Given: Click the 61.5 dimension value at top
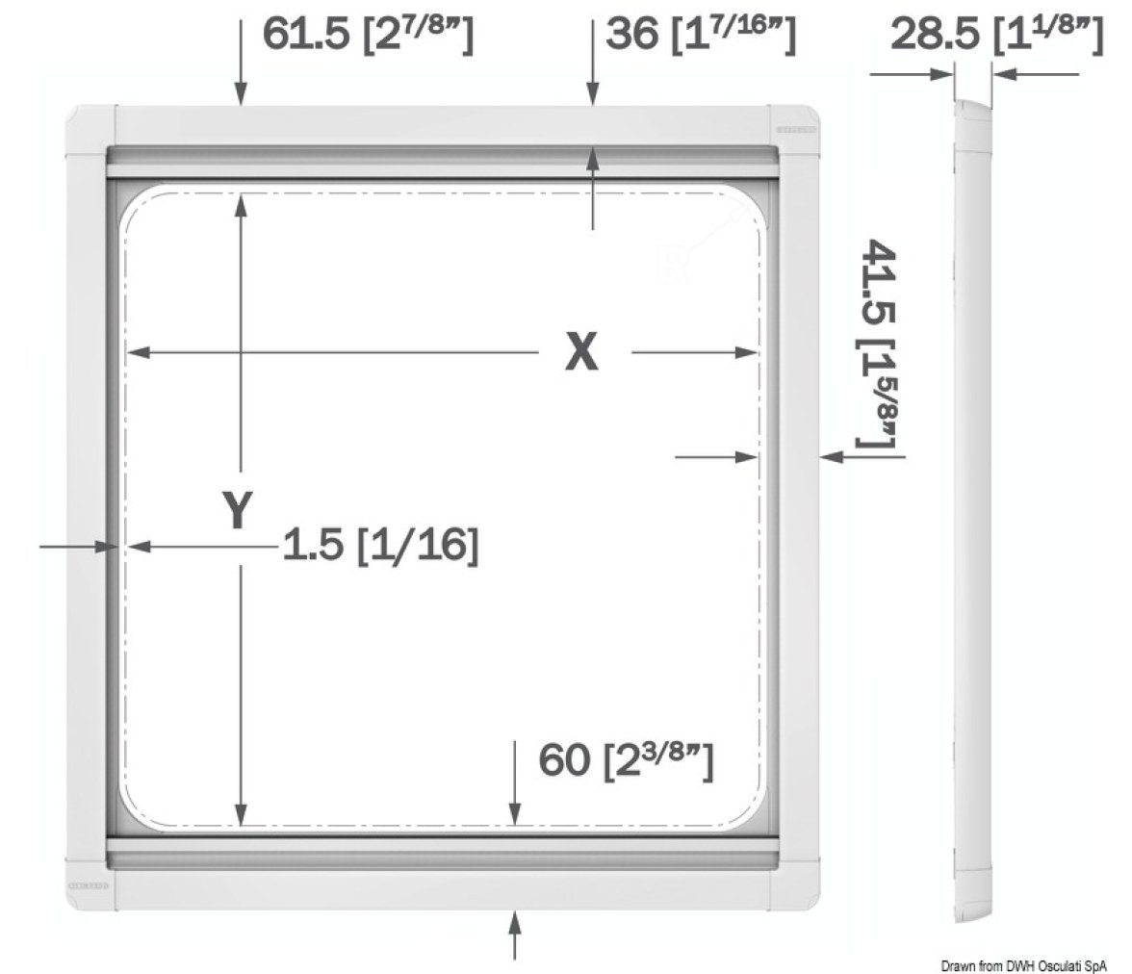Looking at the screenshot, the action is [305, 34].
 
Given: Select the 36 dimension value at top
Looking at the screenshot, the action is [632, 34].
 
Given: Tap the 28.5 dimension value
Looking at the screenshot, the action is [936, 34].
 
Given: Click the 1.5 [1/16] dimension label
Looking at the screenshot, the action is [380, 544].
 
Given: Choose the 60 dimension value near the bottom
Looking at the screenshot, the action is [564, 759].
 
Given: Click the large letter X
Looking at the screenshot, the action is [581, 352].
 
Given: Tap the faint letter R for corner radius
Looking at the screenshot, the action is [669, 265].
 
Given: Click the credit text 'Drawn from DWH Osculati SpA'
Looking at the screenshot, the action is [1024, 966].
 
